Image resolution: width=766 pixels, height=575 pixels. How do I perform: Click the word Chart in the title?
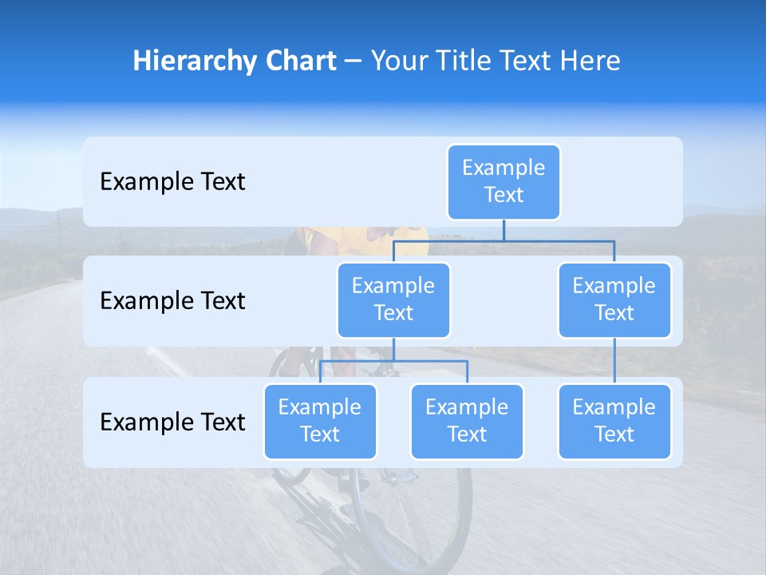(301, 61)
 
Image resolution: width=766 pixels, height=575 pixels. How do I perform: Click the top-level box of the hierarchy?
(503, 182)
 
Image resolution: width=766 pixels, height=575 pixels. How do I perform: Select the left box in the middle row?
(393, 300)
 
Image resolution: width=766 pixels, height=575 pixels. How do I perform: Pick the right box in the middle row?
(614, 300)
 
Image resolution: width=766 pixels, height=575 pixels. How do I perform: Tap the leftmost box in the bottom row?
(320, 422)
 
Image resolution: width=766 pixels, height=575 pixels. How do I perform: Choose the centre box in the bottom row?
(467, 422)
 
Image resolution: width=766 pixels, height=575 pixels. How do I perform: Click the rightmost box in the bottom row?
(614, 422)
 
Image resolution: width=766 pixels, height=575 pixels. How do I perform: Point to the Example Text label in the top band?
(172, 182)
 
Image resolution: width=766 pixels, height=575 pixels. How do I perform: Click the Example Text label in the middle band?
(172, 301)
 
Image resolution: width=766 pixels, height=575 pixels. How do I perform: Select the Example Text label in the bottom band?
(172, 422)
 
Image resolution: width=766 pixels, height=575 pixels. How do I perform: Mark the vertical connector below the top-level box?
(503, 230)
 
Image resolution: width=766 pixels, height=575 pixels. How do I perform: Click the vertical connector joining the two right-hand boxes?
(614, 361)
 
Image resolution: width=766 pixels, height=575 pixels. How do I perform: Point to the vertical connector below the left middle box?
(393, 349)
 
